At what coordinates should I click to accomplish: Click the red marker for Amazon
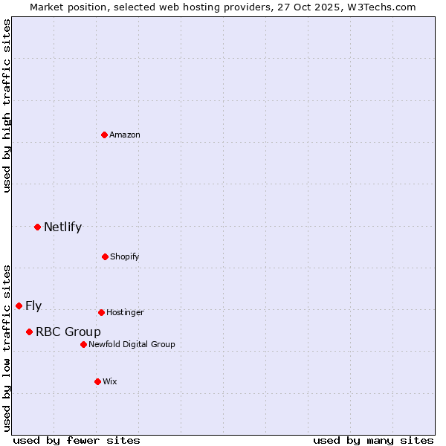pyautogui.click(x=105, y=135)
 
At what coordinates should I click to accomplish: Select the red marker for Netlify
pyautogui.click(x=37, y=227)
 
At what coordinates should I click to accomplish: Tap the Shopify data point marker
pyautogui.click(x=105, y=256)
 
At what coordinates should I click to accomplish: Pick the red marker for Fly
pyautogui.click(x=19, y=306)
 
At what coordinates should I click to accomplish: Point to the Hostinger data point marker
pyautogui.click(x=101, y=312)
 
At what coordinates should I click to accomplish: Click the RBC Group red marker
pyautogui.click(x=29, y=332)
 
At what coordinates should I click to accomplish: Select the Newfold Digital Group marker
pyautogui.click(x=83, y=344)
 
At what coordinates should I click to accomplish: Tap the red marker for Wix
pyautogui.click(x=97, y=381)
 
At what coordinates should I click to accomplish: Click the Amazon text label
pyautogui.click(x=125, y=135)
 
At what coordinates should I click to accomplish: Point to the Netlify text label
pyautogui.click(x=62, y=227)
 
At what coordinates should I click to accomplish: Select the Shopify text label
pyautogui.click(x=125, y=256)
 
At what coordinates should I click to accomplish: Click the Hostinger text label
pyautogui.click(x=125, y=312)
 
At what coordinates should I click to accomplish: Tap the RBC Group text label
pyautogui.click(x=68, y=332)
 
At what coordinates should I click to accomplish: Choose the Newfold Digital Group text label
pyautogui.click(x=132, y=344)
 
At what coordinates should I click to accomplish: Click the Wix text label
pyautogui.click(x=110, y=381)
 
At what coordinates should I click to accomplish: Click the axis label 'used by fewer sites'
pyautogui.click(x=77, y=440)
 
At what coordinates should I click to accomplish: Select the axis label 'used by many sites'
pyautogui.click(x=373, y=440)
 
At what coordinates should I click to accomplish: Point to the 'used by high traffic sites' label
pyautogui.click(x=7, y=106)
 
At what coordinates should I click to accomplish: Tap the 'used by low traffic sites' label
pyautogui.click(x=7, y=347)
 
